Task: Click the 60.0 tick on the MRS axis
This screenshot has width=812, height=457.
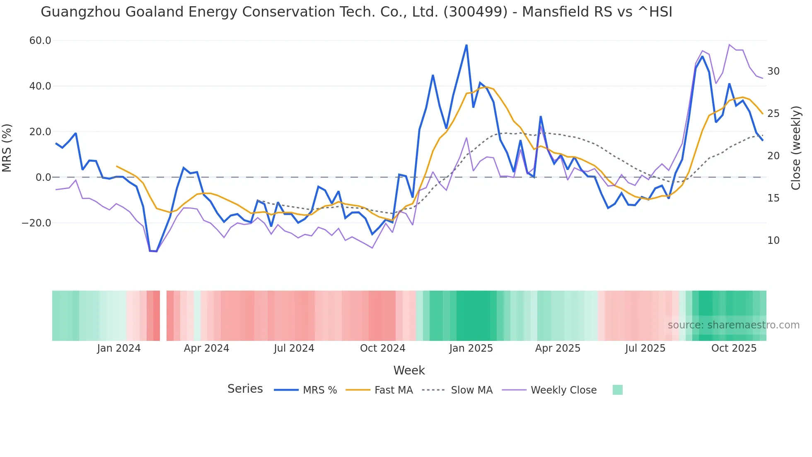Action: pos(40,41)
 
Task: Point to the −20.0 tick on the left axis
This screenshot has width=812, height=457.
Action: pos(36,223)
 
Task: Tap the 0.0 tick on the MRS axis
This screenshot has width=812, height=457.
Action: pos(43,177)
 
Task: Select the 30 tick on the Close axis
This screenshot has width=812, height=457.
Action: pos(773,71)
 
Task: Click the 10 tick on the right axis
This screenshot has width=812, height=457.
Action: pos(773,241)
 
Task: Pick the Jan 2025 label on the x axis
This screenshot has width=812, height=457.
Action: pos(471,348)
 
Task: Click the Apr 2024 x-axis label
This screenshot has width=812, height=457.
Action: pos(206,348)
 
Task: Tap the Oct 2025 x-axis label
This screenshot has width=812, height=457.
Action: pos(734,348)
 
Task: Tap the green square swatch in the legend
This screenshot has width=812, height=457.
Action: pos(617,390)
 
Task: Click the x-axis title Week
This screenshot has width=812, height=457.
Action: pos(409,370)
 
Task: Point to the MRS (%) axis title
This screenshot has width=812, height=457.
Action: pos(7,148)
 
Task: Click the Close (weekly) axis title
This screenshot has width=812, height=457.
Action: pos(796,148)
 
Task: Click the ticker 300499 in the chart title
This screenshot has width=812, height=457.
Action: pos(475,12)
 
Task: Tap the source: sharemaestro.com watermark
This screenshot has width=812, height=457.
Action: pos(733,325)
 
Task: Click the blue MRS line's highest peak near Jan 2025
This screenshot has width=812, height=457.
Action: pos(466,45)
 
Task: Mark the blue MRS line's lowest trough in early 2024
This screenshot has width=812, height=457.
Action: pos(153,251)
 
